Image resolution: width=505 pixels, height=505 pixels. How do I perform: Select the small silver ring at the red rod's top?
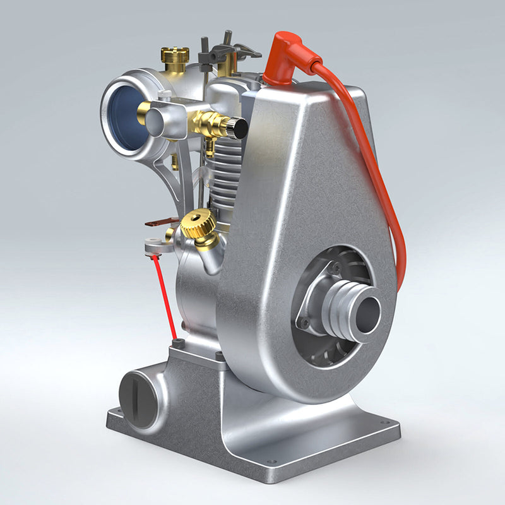tap(152, 247)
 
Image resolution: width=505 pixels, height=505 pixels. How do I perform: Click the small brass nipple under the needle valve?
tap(209, 147)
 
